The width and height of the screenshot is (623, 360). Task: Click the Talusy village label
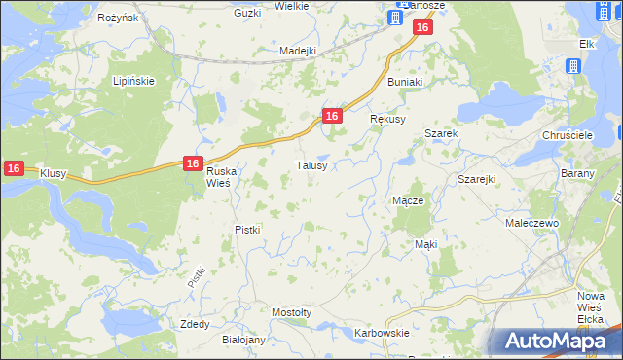click(317, 165)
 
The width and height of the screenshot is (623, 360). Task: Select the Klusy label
click(53, 173)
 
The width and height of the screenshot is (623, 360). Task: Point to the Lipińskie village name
click(134, 81)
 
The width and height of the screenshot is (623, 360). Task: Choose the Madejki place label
click(298, 51)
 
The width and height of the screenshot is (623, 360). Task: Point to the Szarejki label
click(477, 180)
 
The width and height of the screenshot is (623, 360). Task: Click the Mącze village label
click(407, 200)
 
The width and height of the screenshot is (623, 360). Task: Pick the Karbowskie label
click(382, 333)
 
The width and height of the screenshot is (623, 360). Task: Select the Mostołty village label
click(292, 312)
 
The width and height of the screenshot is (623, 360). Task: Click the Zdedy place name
click(195, 324)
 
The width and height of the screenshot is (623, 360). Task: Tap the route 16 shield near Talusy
click(332, 116)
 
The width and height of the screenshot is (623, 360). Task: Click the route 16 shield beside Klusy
click(13, 168)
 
